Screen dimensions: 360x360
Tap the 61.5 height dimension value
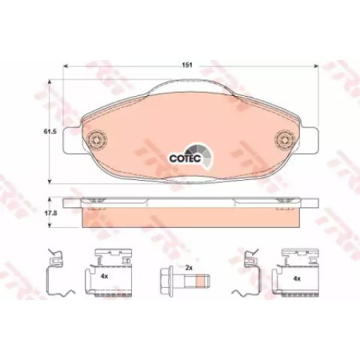[50, 131]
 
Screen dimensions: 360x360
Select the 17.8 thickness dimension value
[50, 214]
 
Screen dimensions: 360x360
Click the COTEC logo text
[185, 158]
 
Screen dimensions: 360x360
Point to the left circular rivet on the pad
[97, 139]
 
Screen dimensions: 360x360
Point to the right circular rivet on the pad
[285, 139]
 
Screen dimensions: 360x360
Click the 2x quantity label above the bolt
[189, 268]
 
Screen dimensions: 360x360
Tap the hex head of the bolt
[166, 281]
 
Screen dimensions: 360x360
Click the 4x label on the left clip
[104, 277]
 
